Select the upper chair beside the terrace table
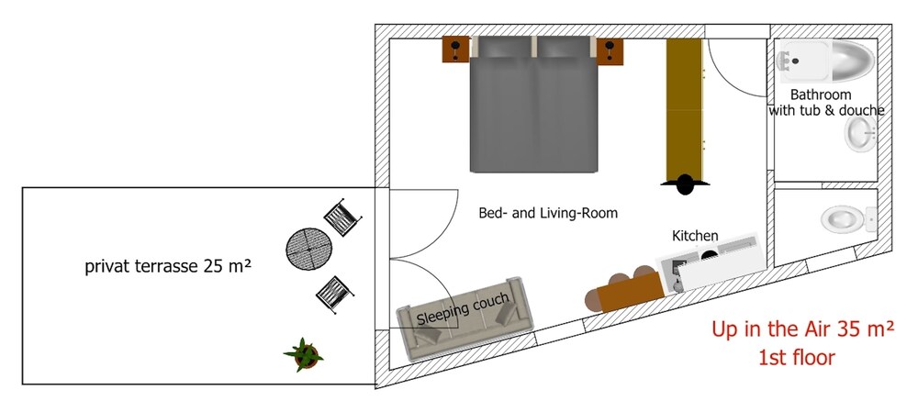click(x=340, y=217)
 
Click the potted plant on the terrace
click(x=303, y=353)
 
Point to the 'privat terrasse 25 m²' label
click(x=168, y=267)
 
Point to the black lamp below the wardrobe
click(x=686, y=184)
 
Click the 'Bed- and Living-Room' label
click(x=548, y=213)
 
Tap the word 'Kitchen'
click(x=695, y=236)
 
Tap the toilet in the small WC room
click(x=845, y=218)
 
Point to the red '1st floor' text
click(x=797, y=357)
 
